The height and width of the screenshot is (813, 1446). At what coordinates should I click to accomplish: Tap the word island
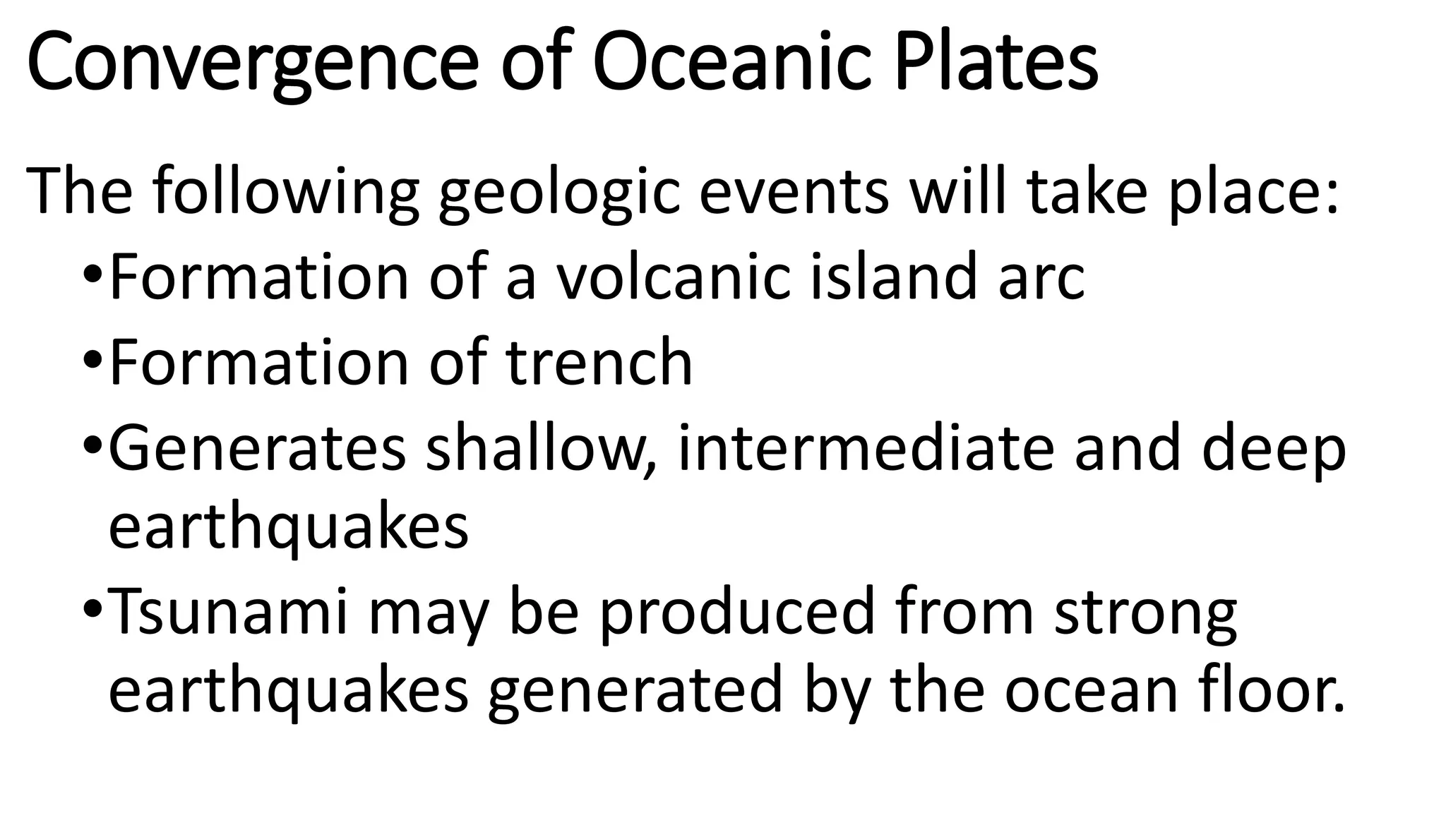(x=892, y=277)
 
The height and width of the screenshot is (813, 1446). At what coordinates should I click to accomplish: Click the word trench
(x=599, y=363)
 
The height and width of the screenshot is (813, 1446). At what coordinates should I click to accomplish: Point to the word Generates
(x=258, y=449)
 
